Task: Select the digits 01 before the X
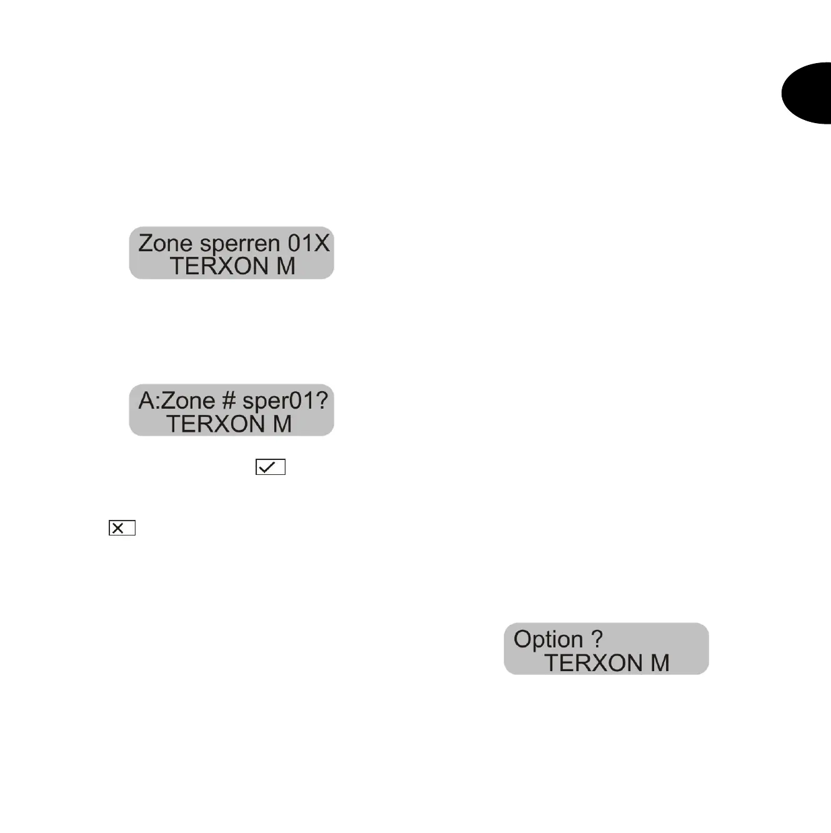point(300,243)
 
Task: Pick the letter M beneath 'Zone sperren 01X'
point(286,267)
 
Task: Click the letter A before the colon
point(146,401)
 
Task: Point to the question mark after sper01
point(322,401)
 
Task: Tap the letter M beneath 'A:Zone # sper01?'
point(282,424)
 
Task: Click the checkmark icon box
point(271,467)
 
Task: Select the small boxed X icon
point(122,528)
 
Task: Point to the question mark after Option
point(597,639)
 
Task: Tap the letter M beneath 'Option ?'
point(660,663)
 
